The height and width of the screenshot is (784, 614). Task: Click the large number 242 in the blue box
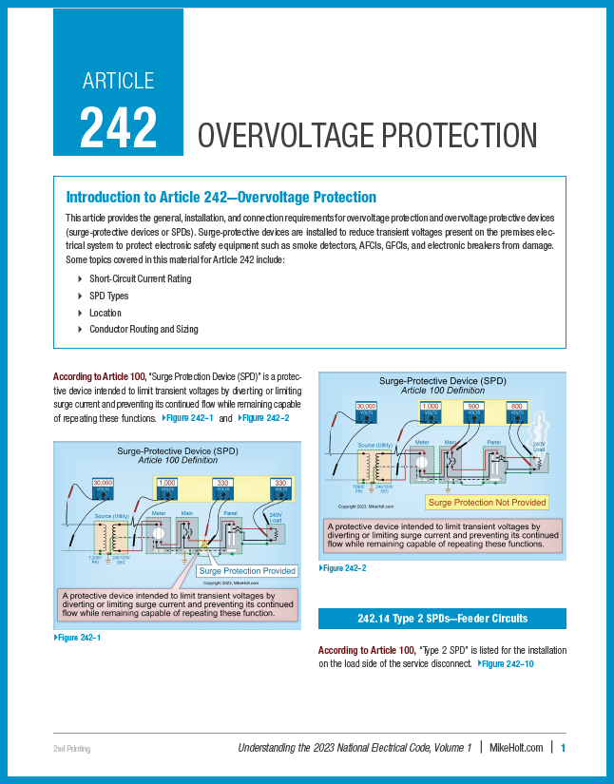tap(118, 125)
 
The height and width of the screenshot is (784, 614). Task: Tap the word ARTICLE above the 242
tap(118, 81)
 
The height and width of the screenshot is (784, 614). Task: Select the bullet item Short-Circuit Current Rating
tap(140, 278)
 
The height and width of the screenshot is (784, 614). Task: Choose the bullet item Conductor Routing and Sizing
tap(143, 330)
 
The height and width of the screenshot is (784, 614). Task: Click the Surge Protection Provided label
tap(246, 570)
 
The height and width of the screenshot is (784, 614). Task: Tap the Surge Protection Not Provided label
tap(487, 502)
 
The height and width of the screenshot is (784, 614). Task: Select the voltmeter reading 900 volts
tap(473, 410)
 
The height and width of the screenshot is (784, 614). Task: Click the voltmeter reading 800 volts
tap(516, 410)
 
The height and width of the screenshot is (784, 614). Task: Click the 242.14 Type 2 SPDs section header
tap(442, 619)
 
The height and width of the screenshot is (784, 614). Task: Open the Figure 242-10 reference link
tap(507, 663)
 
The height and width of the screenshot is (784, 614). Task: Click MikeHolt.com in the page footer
tap(516, 749)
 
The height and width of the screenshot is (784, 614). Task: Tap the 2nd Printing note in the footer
tap(71, 750)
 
